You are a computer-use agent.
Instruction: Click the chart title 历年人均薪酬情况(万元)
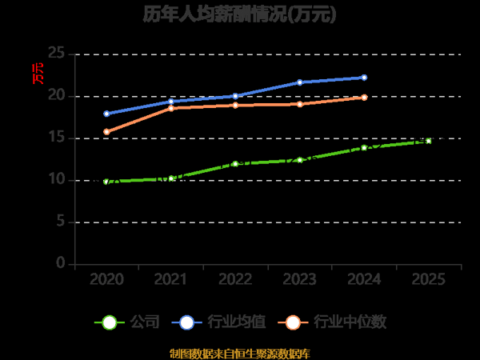pyautogui.click(x=239, y=14)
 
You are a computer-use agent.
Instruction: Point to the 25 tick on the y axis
pyautogui.click(x=56, y=54)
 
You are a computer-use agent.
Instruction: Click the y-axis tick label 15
pyautogui.click(x=56, y=138)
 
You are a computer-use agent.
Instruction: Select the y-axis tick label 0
pyautogui.click(x=61, y=263)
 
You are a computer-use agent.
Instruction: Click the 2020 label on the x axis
pyautogui.click(x=106, y=279)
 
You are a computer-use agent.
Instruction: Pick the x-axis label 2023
pyautogui.click(x=299, y=279)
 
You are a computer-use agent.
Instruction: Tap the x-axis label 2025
pyautogui.click(x=428, y=279)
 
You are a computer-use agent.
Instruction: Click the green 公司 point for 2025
pyautogui.click(x=428, y=141)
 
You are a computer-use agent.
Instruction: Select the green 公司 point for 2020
pyautogui.click(x=106, y=182)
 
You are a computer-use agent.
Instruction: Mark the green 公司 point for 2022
pyautogui.click(x=235, y=163)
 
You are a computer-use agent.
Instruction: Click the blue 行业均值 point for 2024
pyautogui.click(x=364, y=78)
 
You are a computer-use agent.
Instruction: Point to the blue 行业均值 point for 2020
pyautogui.click(x=106, y=114)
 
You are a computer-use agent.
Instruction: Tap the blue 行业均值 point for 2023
pyautogui.click(x=299, y=82)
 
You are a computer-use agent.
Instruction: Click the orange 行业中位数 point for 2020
pyautogui.click(x=106, y=132)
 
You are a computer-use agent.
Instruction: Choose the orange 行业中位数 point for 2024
pyautogui.click(x=364, y=98)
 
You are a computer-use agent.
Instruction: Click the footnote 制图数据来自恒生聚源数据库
pyautogui.click(x=239, y=353)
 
